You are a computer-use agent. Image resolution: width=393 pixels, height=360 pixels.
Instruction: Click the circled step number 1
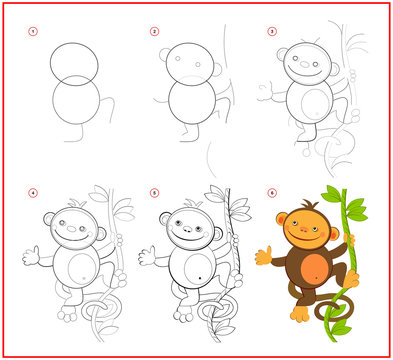tap(32, 31)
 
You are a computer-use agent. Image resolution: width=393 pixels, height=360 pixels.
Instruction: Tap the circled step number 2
tap(154, 31)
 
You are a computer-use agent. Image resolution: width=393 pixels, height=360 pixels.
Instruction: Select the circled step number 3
tap(271, 31)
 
